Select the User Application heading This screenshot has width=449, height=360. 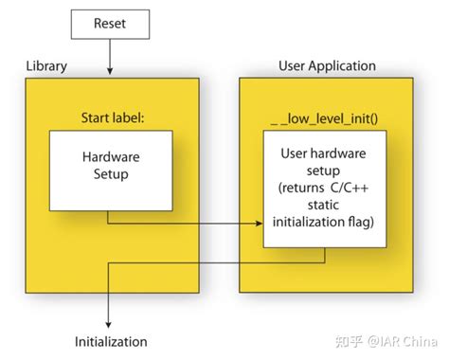(x=327, y=66)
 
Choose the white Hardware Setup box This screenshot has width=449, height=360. (x=111, y=170)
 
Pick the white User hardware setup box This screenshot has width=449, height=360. (x=324, y=189)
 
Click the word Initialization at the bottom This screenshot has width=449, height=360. (x=111, y=341)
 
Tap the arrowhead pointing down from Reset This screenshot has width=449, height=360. (x=111, y=72)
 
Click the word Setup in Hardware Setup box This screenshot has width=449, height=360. (x=112, y=175)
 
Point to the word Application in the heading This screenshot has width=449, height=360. (x=342, y=66)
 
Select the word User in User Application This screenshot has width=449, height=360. (x=292, y=66)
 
